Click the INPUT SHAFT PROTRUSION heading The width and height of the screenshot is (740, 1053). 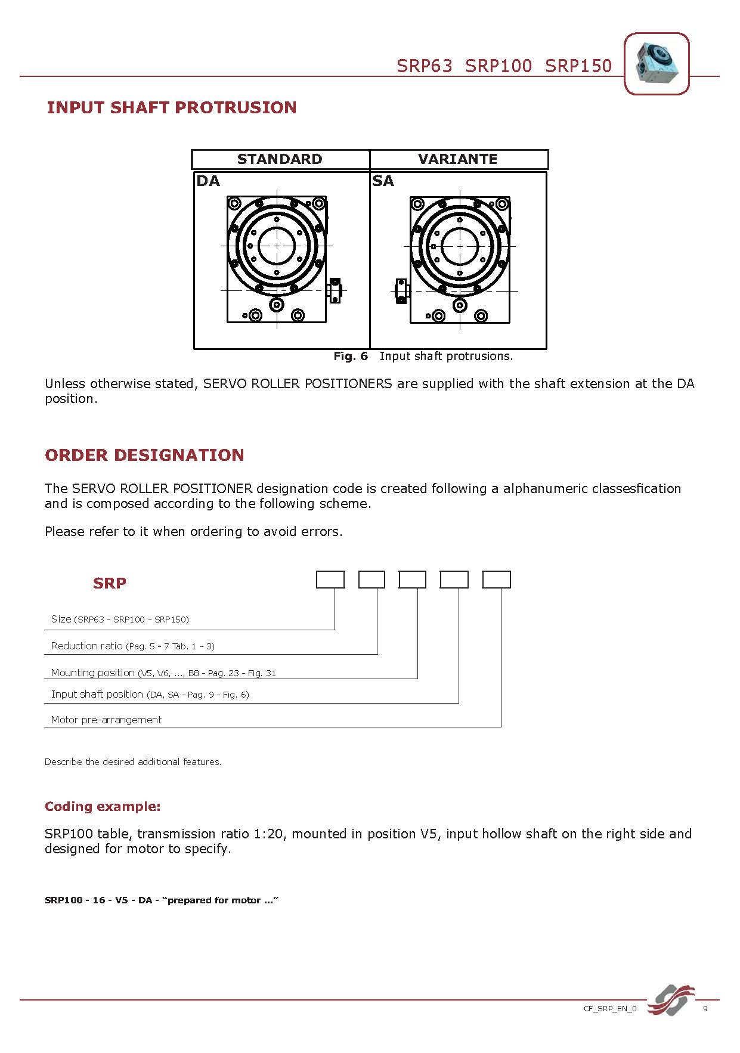171,107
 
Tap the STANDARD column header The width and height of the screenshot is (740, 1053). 279,159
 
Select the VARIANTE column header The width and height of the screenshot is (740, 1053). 457,159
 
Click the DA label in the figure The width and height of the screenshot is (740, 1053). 208,181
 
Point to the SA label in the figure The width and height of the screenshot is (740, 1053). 383,181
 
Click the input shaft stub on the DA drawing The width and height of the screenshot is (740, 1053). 335,290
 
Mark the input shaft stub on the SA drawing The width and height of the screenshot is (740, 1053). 402,291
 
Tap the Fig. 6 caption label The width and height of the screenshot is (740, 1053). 351,357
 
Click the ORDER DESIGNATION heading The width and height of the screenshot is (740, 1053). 144,455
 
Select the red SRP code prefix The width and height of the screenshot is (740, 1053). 110,583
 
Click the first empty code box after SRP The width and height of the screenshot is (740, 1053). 330,580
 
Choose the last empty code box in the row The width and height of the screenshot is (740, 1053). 496,580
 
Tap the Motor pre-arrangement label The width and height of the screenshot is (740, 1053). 106,720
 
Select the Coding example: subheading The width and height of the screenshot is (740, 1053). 103,807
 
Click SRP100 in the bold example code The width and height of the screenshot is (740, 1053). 63,900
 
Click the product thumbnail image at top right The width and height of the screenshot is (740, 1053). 656,63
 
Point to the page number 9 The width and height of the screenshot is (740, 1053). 705,1009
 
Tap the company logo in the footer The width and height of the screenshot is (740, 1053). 671,1000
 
